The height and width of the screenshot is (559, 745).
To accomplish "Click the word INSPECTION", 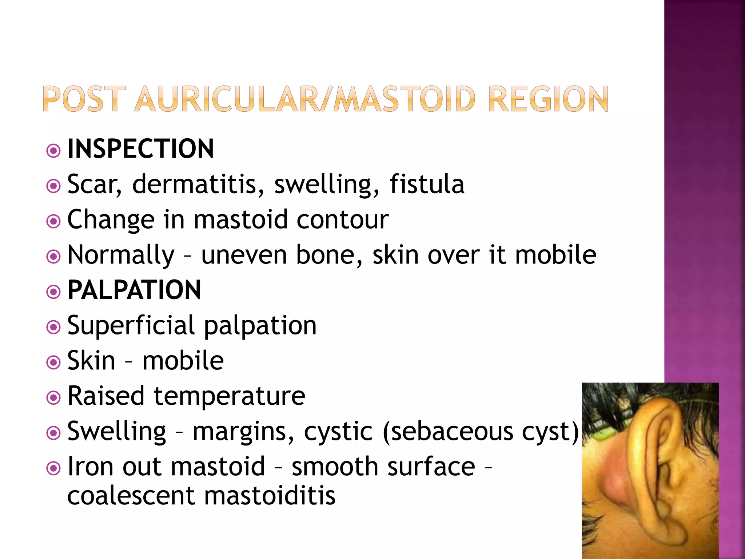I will (x=141, y=149).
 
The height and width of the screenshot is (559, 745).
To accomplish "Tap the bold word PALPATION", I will (x=134, y=290).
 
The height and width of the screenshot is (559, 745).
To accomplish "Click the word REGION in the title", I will (x=548, y=99).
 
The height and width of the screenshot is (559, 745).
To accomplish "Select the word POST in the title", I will (x=84, y=99).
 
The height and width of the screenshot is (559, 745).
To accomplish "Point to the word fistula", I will (x=427, y=184).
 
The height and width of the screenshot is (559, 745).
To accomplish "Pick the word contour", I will (x=343, y=219).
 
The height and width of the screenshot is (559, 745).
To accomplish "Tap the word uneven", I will (x=244, y=255).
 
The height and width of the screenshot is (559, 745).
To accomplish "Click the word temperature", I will (x=230, y=396).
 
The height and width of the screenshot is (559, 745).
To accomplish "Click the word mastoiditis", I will (x=270, y=496).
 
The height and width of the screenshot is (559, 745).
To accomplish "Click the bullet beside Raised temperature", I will (x=54, y=397).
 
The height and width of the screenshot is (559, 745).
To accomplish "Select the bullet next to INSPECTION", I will (x=54, y=151).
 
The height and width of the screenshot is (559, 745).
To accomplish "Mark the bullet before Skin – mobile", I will (x=54, y=362).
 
